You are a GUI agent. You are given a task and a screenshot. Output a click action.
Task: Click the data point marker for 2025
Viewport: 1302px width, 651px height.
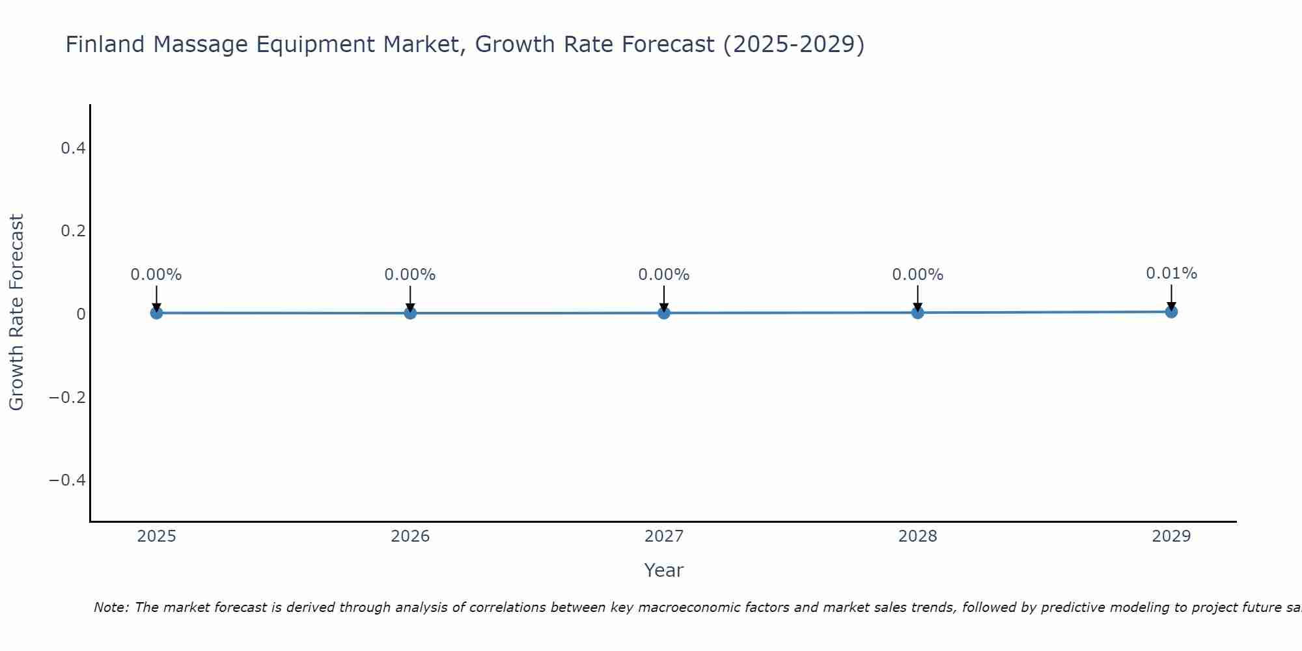[156, 312]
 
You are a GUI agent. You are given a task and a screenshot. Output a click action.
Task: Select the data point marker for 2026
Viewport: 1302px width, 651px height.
[410, 312]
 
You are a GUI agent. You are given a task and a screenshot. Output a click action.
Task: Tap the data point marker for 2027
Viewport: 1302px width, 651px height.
[664, 312]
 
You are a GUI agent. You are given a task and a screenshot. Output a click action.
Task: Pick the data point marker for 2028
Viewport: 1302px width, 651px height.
[918, 312]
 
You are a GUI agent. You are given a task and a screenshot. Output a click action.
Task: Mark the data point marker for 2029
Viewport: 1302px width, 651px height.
[1171, 311]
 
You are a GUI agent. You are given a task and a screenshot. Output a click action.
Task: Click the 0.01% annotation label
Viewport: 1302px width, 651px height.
[1171, 273]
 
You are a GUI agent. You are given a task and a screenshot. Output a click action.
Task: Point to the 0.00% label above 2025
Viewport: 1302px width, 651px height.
[156, 275]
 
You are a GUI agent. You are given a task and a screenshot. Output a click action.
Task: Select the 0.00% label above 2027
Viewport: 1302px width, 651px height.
[664, 275]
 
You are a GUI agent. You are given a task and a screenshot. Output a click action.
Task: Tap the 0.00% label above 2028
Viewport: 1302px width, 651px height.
[918, 275]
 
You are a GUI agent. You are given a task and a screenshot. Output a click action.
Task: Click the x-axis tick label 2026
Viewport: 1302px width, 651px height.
[410, 536]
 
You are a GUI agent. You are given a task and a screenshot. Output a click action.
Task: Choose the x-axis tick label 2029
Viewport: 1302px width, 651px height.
[1171, 536]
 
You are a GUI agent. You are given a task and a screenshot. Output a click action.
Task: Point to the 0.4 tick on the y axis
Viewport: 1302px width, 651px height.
[73, 148]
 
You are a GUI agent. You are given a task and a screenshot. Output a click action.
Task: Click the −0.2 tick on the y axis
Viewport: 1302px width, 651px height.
[68, 397]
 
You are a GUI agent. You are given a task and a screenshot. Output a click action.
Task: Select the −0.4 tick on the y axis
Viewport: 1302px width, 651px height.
[68, 480]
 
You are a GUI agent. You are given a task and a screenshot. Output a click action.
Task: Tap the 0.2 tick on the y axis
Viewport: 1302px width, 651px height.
[73, 231]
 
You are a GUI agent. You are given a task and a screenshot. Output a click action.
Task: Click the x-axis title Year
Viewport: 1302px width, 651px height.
[663, 570]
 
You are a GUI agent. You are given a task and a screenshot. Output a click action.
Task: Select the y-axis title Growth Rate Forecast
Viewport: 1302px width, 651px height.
[16, 312]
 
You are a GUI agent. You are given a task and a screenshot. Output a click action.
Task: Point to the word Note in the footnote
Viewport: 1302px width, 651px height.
[111, 607]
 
